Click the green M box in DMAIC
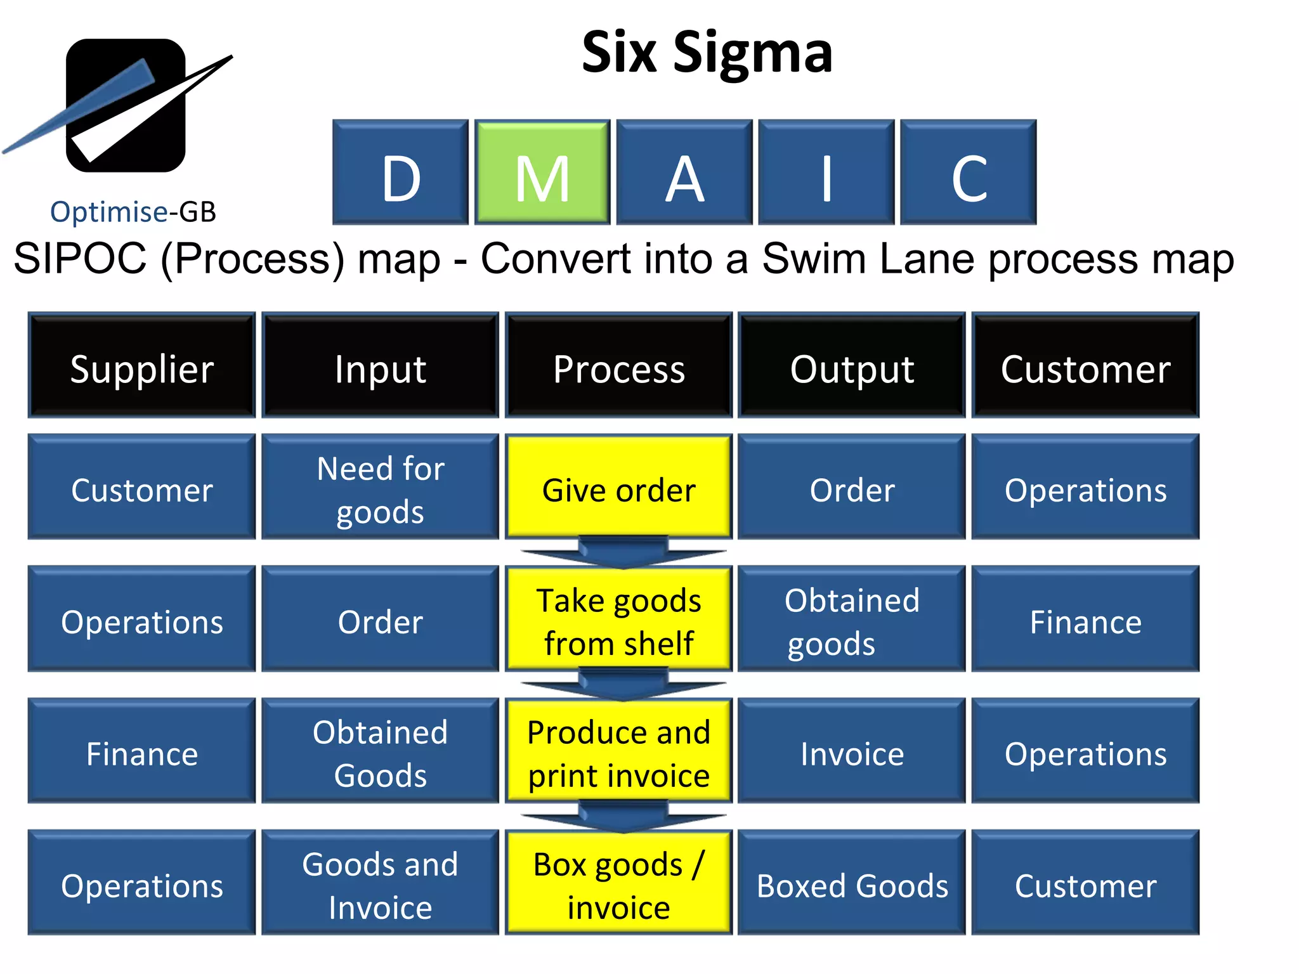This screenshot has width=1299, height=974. tap(542, 172)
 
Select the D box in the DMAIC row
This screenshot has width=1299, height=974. tap(400, 172)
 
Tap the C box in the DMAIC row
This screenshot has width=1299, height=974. tap(968, 172)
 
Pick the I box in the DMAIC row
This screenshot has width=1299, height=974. tap(826, 172)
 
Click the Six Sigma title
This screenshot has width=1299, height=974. tap(707, 53)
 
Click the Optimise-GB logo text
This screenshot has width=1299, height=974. tap(133, 212)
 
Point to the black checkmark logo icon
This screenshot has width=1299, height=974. tap(126, 105)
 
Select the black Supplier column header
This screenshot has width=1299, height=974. tap(141, 365)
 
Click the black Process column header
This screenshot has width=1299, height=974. tap(618, 365)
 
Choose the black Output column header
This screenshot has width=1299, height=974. tap(851, 365)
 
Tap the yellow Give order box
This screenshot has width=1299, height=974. tap(618, 487)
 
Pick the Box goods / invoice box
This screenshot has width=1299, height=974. tap(618, 883)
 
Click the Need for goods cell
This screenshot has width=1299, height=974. tap(380, 487)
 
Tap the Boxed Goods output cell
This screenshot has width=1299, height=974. tap(851, 883)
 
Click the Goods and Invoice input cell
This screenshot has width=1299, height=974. tap(380, 883)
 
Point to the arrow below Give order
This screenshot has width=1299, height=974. tap(623, 552)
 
